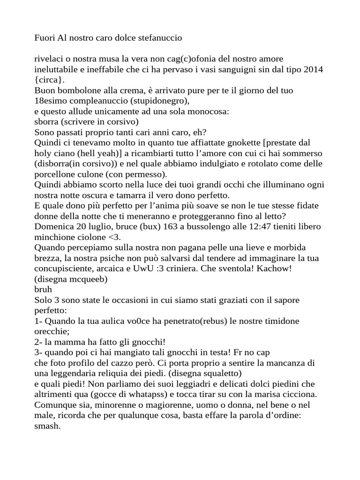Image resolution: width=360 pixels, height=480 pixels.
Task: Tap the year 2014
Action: pyautogui.click(x=314, y=69)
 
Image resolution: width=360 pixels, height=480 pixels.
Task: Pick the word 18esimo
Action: pyautogui.click(x=52, y=100)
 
